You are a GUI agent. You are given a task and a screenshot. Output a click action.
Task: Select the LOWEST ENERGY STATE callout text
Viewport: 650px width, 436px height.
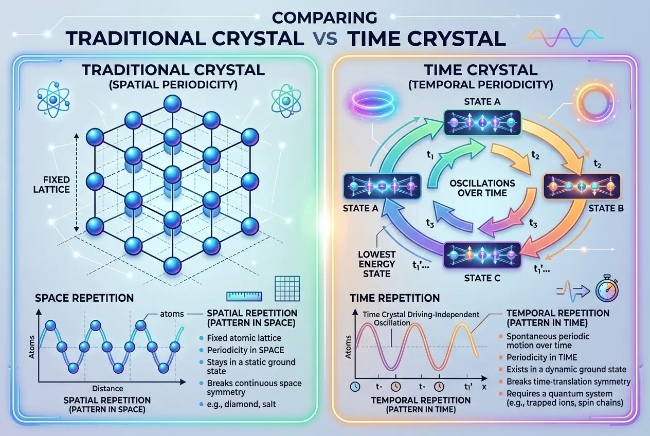377,264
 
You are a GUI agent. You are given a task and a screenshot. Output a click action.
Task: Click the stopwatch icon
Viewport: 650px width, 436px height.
605,290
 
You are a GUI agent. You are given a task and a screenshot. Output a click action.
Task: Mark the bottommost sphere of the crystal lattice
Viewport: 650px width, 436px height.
172,265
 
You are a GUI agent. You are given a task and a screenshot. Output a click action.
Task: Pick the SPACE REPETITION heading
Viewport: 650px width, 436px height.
84,298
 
